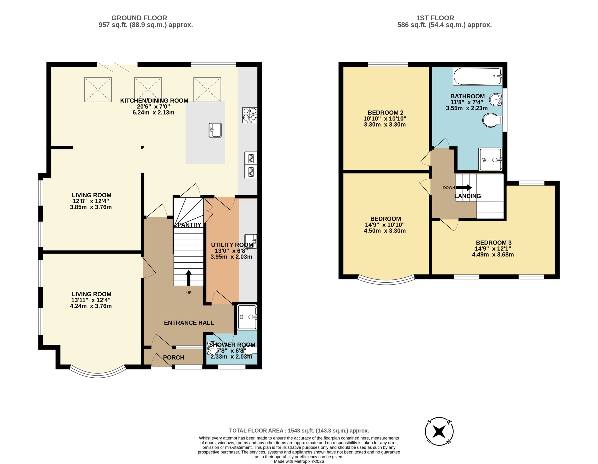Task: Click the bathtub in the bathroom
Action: tap(477, 76)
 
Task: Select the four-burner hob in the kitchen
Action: tap(250, 115)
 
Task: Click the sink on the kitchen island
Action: tap(215, 130)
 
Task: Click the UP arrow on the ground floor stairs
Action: tap(189, 278)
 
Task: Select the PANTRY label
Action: tap(189, 225)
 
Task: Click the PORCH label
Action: tap(174, 358)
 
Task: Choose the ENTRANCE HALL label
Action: tap(189, 323)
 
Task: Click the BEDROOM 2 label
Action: tap(385, 113)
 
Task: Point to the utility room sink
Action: tap(251, 241)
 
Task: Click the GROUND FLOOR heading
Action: tap(139, 18)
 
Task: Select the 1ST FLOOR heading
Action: tap(435, 18)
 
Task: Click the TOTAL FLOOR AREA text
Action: tap(299, 431)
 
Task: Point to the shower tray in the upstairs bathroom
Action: tap(490, 159)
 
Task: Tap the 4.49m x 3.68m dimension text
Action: tap(493, 255)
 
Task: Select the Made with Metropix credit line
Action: tap(299, 461)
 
